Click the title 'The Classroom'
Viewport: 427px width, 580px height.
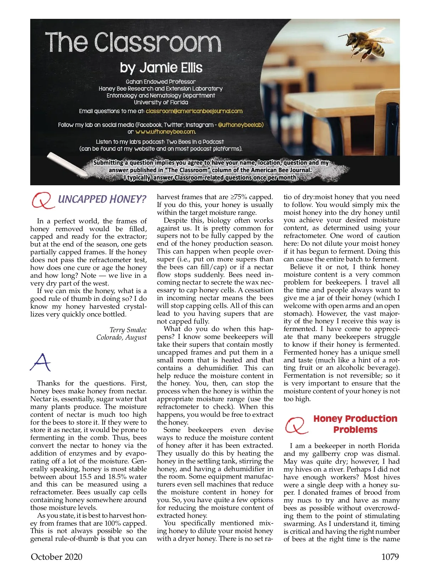click(x=133, y=43)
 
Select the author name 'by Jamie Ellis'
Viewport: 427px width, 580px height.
click(x=161, y=68)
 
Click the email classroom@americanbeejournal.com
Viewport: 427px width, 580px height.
click(x=194, y=111)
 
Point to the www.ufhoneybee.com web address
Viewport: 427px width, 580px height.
click(x=165, y=132)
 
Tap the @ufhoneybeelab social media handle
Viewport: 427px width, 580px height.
click(x=241, y=125)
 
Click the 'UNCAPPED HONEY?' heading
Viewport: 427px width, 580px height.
click(x=102, y=199)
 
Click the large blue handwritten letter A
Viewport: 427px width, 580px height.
click(x=40, y=362)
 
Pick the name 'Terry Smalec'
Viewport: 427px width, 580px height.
click(x=128, y=330)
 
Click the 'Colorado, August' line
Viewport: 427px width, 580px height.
click(x=121, y=337)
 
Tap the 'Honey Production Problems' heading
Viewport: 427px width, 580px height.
click(x=355, y=424)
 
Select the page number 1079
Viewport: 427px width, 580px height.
click(x=390, y=557)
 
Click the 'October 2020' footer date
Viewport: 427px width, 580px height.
click(x=57, y=557)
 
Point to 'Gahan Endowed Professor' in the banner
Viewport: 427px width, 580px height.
click(x=161, y=82)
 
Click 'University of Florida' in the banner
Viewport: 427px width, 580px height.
click(x=161, y=102)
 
